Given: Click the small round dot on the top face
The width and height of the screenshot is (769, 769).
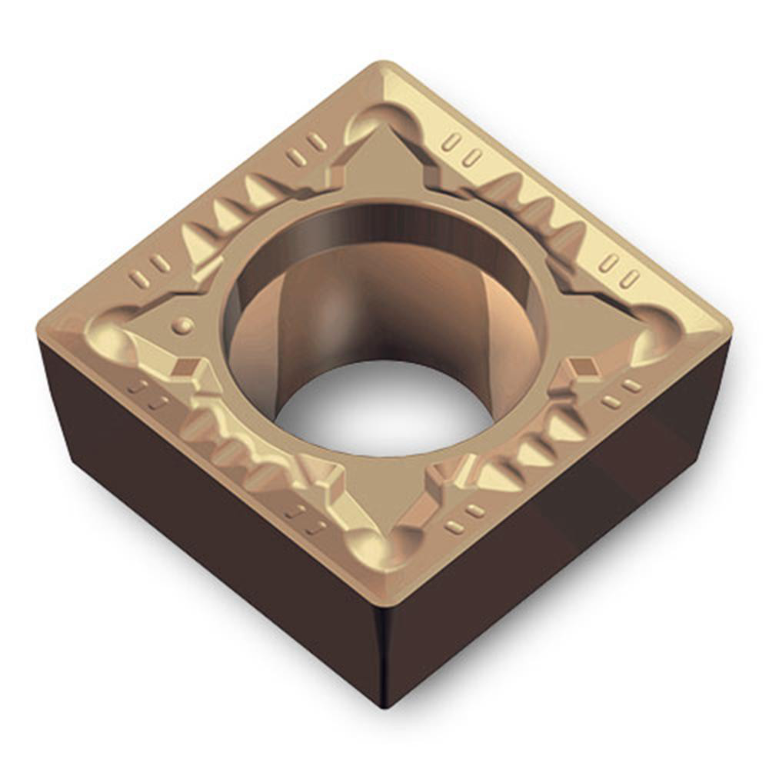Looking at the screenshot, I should pos(182,325).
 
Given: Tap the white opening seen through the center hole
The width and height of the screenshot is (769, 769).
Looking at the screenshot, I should pos(383,408).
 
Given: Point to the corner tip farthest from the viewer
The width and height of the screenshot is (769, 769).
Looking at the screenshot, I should pos(384,67).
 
